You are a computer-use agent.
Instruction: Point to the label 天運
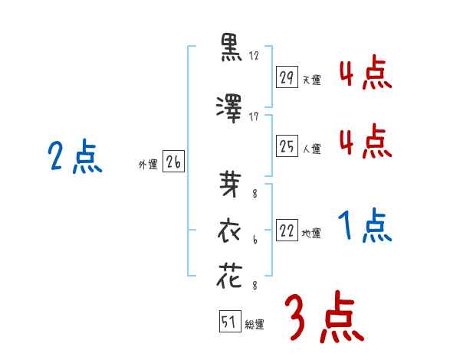pyautogui.click(x=311, y=80)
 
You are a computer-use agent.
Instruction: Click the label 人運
pyautogui.click(x=311, y=149)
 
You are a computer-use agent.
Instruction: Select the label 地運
pyautogui.click(x=311, y=234)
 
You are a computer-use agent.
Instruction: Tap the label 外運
pyautogui.click(x=148, y=163)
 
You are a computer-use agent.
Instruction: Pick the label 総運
pyautogui.click(x=254, y=324)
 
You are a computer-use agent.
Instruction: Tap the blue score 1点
pyautogui.click(x=365, y=227)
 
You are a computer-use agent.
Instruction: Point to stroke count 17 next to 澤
pyautogui.click(x=255, y=116)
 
